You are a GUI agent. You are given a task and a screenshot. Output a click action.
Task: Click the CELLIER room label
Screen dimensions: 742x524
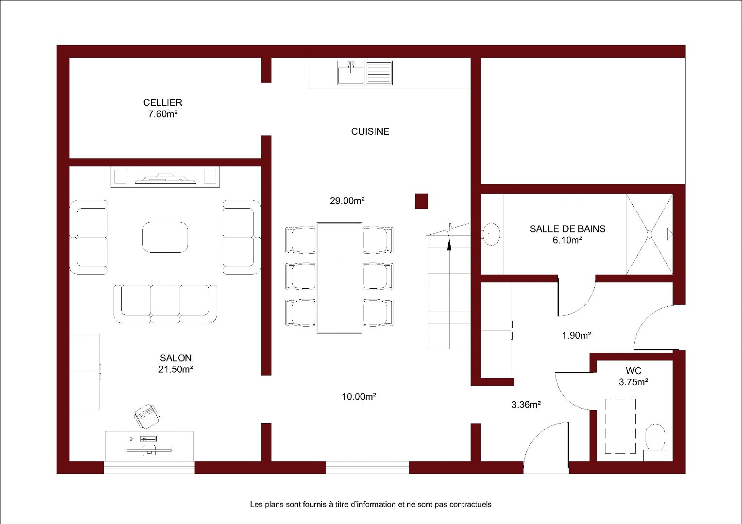[x=163, y=102]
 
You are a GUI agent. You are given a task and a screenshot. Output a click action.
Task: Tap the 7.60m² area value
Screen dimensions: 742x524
[x=163, y=114]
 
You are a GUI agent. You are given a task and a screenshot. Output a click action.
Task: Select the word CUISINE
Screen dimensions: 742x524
[x=370, y=131]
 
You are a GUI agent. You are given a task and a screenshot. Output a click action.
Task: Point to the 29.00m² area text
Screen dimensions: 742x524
[x=347, y=200]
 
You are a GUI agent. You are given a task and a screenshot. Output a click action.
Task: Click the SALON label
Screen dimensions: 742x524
[x=176, y=358]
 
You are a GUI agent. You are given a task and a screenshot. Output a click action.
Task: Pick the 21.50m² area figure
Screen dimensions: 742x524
[x=176, y=369]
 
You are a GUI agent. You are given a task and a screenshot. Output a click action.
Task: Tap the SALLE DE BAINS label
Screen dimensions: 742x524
[x=568, y=229]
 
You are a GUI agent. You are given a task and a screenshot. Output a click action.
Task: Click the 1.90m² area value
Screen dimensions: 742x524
[x=576, y=335]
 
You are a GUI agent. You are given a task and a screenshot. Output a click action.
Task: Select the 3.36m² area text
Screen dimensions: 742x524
[x=526, y=405]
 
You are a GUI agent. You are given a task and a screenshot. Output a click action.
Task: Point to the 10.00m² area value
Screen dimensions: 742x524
[x=359, y=396]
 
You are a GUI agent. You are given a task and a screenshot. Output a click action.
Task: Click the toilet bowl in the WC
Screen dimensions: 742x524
[x=655, y=438]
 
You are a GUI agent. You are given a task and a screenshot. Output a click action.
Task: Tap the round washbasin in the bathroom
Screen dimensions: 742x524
[x=491, y=234]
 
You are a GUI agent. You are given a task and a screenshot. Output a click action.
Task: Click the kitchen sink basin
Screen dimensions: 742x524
[x=351, y=72]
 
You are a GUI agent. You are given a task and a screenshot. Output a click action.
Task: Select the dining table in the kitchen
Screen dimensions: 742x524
[x=339, y=278]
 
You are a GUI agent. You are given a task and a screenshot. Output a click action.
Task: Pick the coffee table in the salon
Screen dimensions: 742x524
[x=165, y=237]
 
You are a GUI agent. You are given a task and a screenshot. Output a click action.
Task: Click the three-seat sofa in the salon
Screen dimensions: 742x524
[x=165, y=304]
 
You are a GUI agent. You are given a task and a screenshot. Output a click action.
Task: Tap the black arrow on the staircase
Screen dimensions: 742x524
[x=449, y=246]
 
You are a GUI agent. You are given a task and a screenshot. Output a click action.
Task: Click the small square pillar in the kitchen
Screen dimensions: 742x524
[x=422, y=201]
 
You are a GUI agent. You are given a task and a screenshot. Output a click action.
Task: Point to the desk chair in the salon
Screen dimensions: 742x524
[x=147, y=416]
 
